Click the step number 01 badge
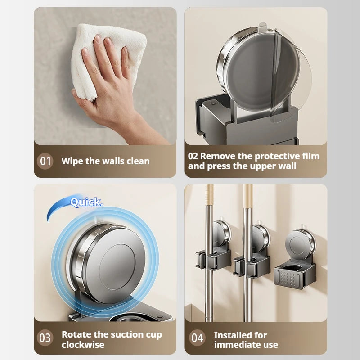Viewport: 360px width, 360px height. pyautogui.click(x=45, y=161)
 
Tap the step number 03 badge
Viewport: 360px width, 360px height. pyautogui.click(x=45, y=337)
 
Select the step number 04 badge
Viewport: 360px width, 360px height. pyautogui.click(x=197, y=337)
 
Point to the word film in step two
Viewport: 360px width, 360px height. pyautogui.click(x=310, y=156)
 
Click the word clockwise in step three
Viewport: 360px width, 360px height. pyautogui.click(x=83, y=345)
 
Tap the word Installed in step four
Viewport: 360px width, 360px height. pyautogui.click(x=240, y=335)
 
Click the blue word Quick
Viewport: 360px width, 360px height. pyautogui.click(x=86, y=202)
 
